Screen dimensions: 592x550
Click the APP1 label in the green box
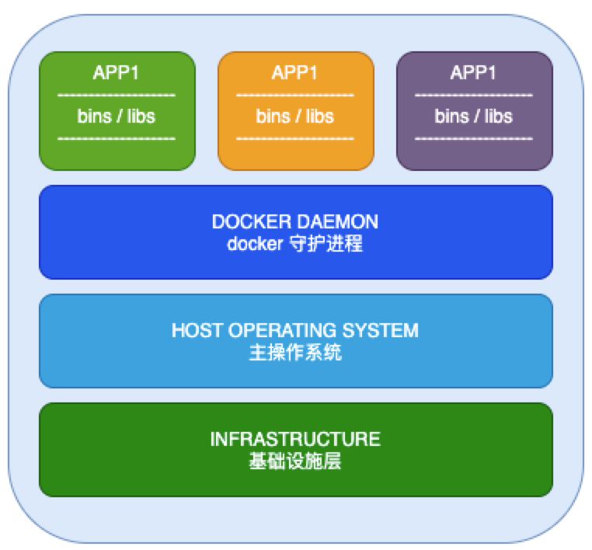click(x=116, y=72)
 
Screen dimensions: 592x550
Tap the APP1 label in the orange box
click(x=294, y=72)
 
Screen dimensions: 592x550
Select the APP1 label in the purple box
click(x=473, y=72)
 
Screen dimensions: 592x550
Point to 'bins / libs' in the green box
click(x=117, y=117)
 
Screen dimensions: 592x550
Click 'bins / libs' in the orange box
click(x=295, y=117)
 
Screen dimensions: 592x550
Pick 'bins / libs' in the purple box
click(x=473, y=117)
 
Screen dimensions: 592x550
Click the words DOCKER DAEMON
click(x=295, y=221)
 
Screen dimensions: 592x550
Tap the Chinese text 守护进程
click(x=326, y=243)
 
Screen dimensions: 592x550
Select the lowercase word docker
click(x=255, y=243)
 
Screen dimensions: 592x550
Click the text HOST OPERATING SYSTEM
click(x=295, y=330)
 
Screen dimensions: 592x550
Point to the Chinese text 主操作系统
click(x=295, y=353)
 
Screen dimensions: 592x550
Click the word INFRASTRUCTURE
click(x=295, y=439)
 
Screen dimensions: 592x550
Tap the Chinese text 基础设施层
click(x=295, y=461)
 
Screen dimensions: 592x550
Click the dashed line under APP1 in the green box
click(x=117, y=95)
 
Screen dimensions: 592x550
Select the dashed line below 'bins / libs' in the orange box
click(x=295, y=138)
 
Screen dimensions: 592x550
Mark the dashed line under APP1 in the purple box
click(x=473, y=95)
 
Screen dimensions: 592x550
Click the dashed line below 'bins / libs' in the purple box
click(x=473, y=138)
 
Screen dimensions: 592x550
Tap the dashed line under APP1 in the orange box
click(x=295, y=95)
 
